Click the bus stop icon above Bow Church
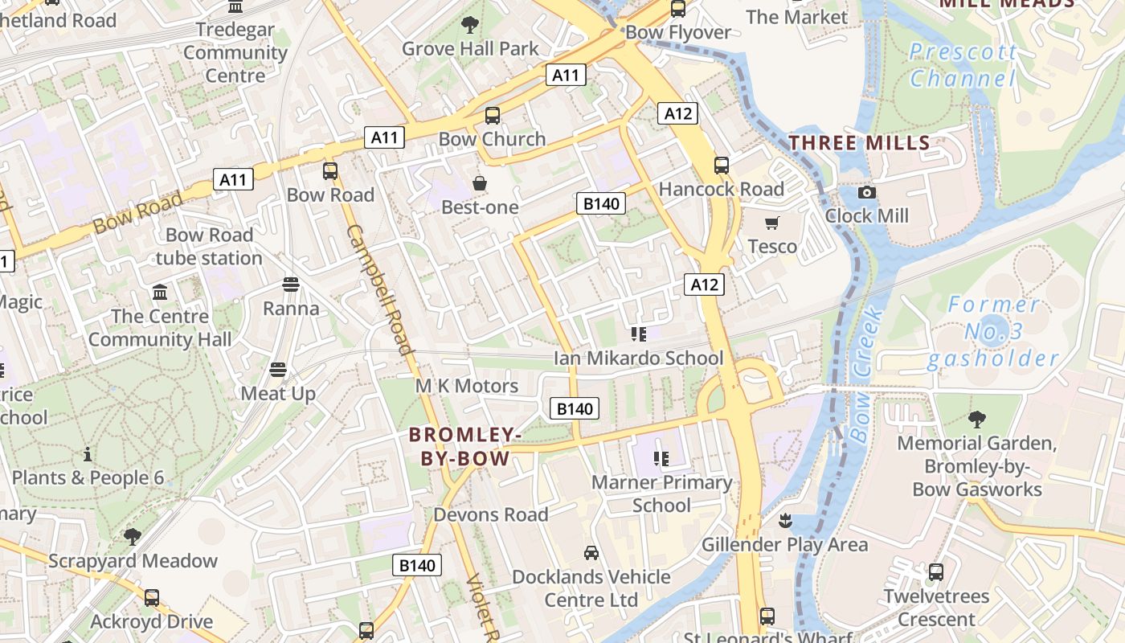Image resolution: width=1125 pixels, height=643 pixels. click(x=493, y=116)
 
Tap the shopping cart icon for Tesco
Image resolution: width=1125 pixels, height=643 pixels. click(x=772, y=223)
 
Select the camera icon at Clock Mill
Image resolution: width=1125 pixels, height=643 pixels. click(x=866, y=192)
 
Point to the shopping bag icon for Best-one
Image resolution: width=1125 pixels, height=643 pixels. click(x=480, y=184)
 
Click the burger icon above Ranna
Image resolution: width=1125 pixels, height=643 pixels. click(x=290, y=285)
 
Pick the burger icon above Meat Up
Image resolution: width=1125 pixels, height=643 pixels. click(x=278, y=370)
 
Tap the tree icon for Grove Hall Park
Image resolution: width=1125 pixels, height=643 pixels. click(x=470, y=25)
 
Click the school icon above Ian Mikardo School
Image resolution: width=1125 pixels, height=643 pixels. click(x=639, y=334)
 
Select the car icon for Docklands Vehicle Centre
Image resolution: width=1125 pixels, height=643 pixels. click(x=591, y=553)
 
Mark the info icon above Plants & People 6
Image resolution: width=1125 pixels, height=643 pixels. click(x=88, y=454)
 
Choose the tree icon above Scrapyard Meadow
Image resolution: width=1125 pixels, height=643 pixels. click(x=133, y=536)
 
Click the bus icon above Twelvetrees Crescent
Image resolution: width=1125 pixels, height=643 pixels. click(x=936, y=572)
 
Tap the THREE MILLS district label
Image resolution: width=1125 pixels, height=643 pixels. click(x=859, y=143)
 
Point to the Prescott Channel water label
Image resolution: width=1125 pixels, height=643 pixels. click(x=963, y=65)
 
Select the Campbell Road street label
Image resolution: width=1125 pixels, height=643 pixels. click(x=380, y=289)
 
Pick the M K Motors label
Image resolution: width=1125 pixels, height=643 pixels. click(x=467, y=386)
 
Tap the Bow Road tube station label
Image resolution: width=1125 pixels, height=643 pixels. click(x=209, y=247)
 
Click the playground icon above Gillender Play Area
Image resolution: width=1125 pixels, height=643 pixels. click(x=785, y=521)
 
